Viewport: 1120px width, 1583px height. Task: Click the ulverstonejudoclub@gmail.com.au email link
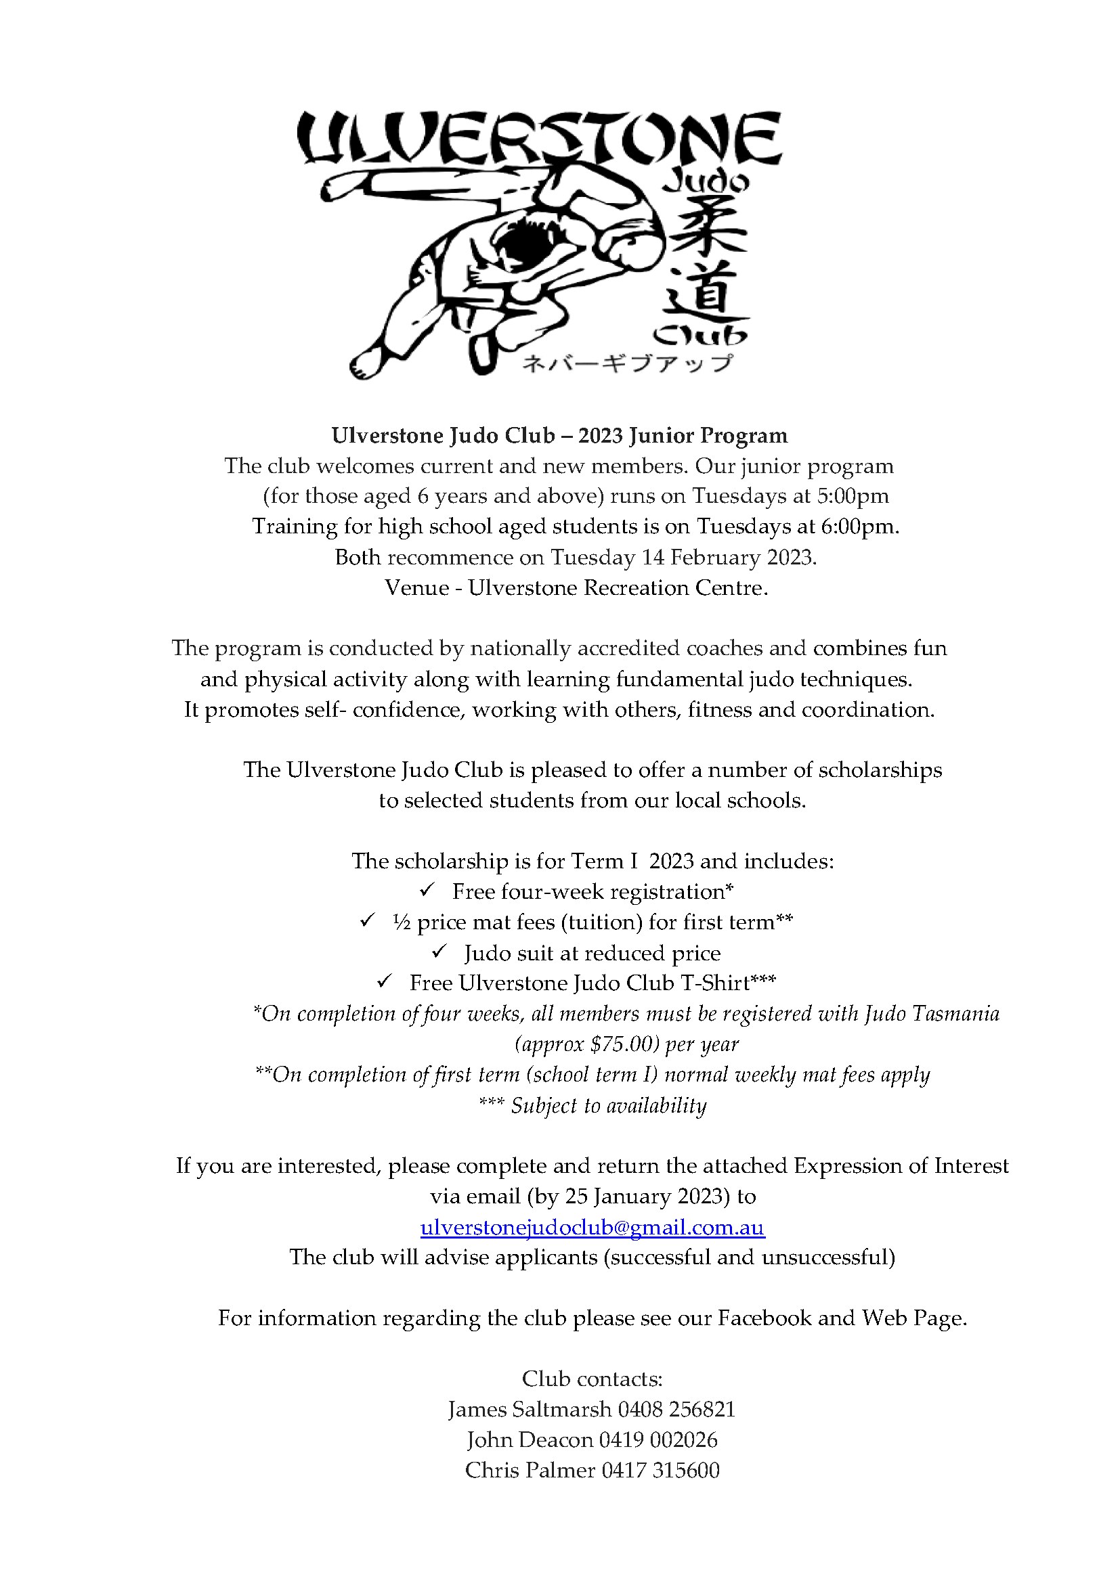tap(593, 1227)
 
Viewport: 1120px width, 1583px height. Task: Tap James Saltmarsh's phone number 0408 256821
tap(676, 1409)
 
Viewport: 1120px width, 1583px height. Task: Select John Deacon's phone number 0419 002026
tap(658, 1440)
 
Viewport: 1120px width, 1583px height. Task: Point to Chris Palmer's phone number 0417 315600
tap(661, 1470)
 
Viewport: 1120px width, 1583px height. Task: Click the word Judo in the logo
tap(705, 181)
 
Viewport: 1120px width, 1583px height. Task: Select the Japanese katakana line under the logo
tap(627, 363)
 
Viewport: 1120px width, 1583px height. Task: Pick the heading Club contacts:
tap(593, 1379)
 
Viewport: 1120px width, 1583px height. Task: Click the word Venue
tap(416, 587)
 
